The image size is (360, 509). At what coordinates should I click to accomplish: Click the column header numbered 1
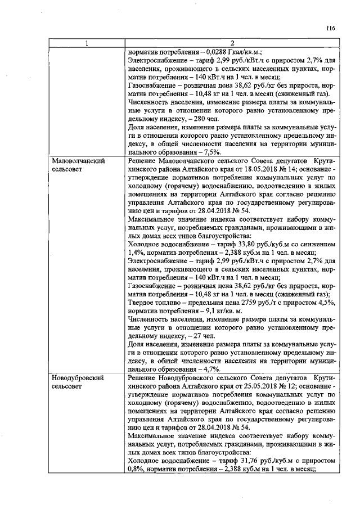86,43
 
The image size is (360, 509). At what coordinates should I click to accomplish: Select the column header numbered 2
231,43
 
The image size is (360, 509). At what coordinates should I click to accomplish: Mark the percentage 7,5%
212,152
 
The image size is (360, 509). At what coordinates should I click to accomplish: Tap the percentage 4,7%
212,370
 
